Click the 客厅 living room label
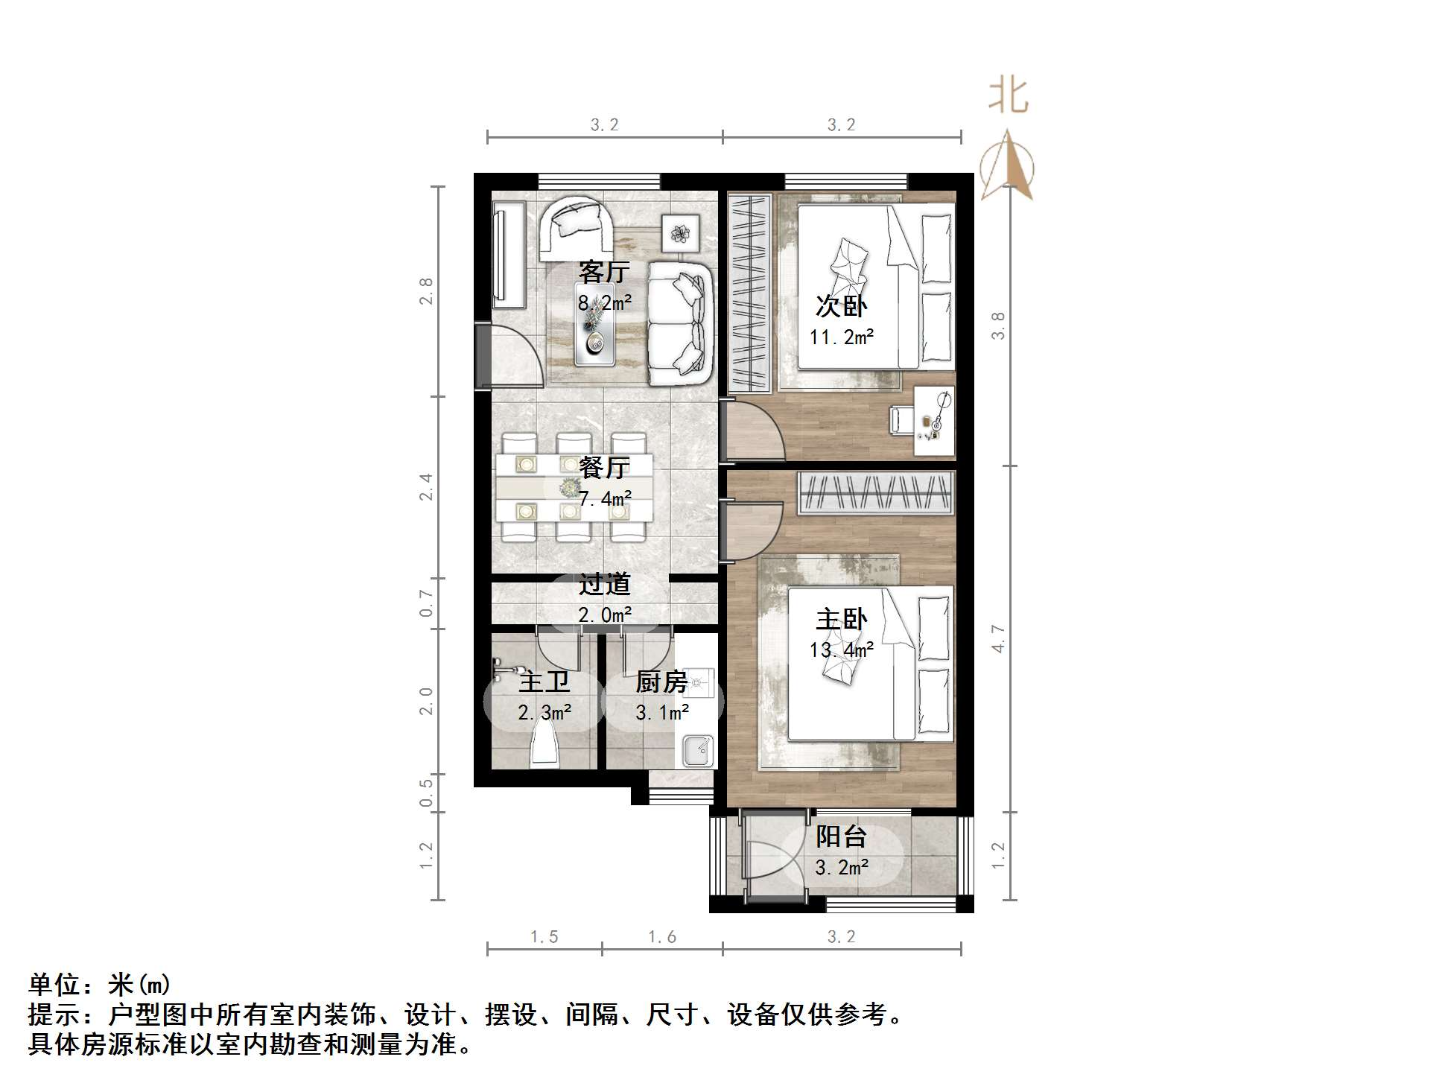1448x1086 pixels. pos(604,272)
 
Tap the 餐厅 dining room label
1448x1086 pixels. pos(604,468)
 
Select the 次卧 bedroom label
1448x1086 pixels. pos(841,305)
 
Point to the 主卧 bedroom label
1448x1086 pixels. pos(841,620)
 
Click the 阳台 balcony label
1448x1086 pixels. pos(841,836)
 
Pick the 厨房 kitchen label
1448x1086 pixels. pos(661,682)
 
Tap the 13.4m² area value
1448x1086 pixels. pos(841,650)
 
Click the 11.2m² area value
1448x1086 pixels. pos(841,337)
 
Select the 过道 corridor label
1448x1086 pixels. pos(604,584)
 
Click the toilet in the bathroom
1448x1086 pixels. pos(544,746)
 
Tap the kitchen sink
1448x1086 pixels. pos(698,751)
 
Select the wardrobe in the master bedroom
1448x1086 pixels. pos(875,492)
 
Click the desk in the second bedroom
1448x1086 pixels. pos(934,422)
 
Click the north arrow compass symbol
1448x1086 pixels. pos(1007,167)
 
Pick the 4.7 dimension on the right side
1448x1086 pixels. pos(998,639)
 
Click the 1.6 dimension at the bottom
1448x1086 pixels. pos(661,936)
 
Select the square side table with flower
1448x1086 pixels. pos(680,233)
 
